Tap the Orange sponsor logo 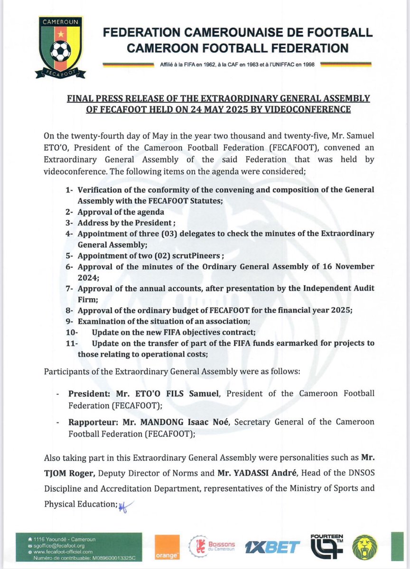pyautogui.click(x=169, y=548)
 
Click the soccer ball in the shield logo pyautogui.click(x=60, y=52)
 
